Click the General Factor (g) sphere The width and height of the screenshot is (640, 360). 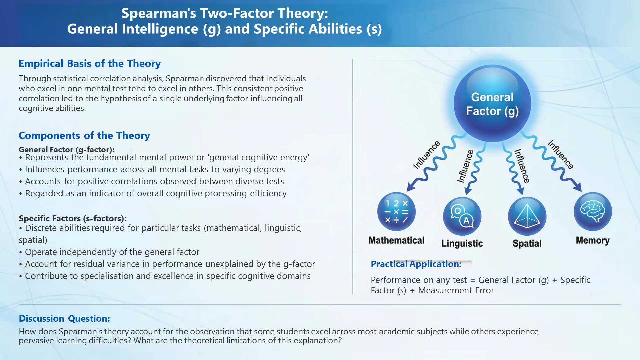492,104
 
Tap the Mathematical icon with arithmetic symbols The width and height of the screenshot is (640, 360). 396,212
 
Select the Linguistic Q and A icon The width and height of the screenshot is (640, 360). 462,216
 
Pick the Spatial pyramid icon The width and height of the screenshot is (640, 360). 527,216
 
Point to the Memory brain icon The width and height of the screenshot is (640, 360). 593,212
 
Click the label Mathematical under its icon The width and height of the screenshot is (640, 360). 396,240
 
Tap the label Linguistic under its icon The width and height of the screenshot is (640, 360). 462,244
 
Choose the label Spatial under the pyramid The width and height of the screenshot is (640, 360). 527,244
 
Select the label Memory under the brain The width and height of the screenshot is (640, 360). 593,241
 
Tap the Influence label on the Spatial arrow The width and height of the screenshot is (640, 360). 522,166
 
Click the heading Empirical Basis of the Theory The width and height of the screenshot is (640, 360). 90,63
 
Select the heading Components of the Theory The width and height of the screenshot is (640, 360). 84,135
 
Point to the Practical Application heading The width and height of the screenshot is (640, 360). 416,264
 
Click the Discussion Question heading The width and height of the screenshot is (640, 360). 64,319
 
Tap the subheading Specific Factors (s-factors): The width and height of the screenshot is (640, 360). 73,218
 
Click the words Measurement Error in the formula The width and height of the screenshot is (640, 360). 456,290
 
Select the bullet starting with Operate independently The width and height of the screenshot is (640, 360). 109,252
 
